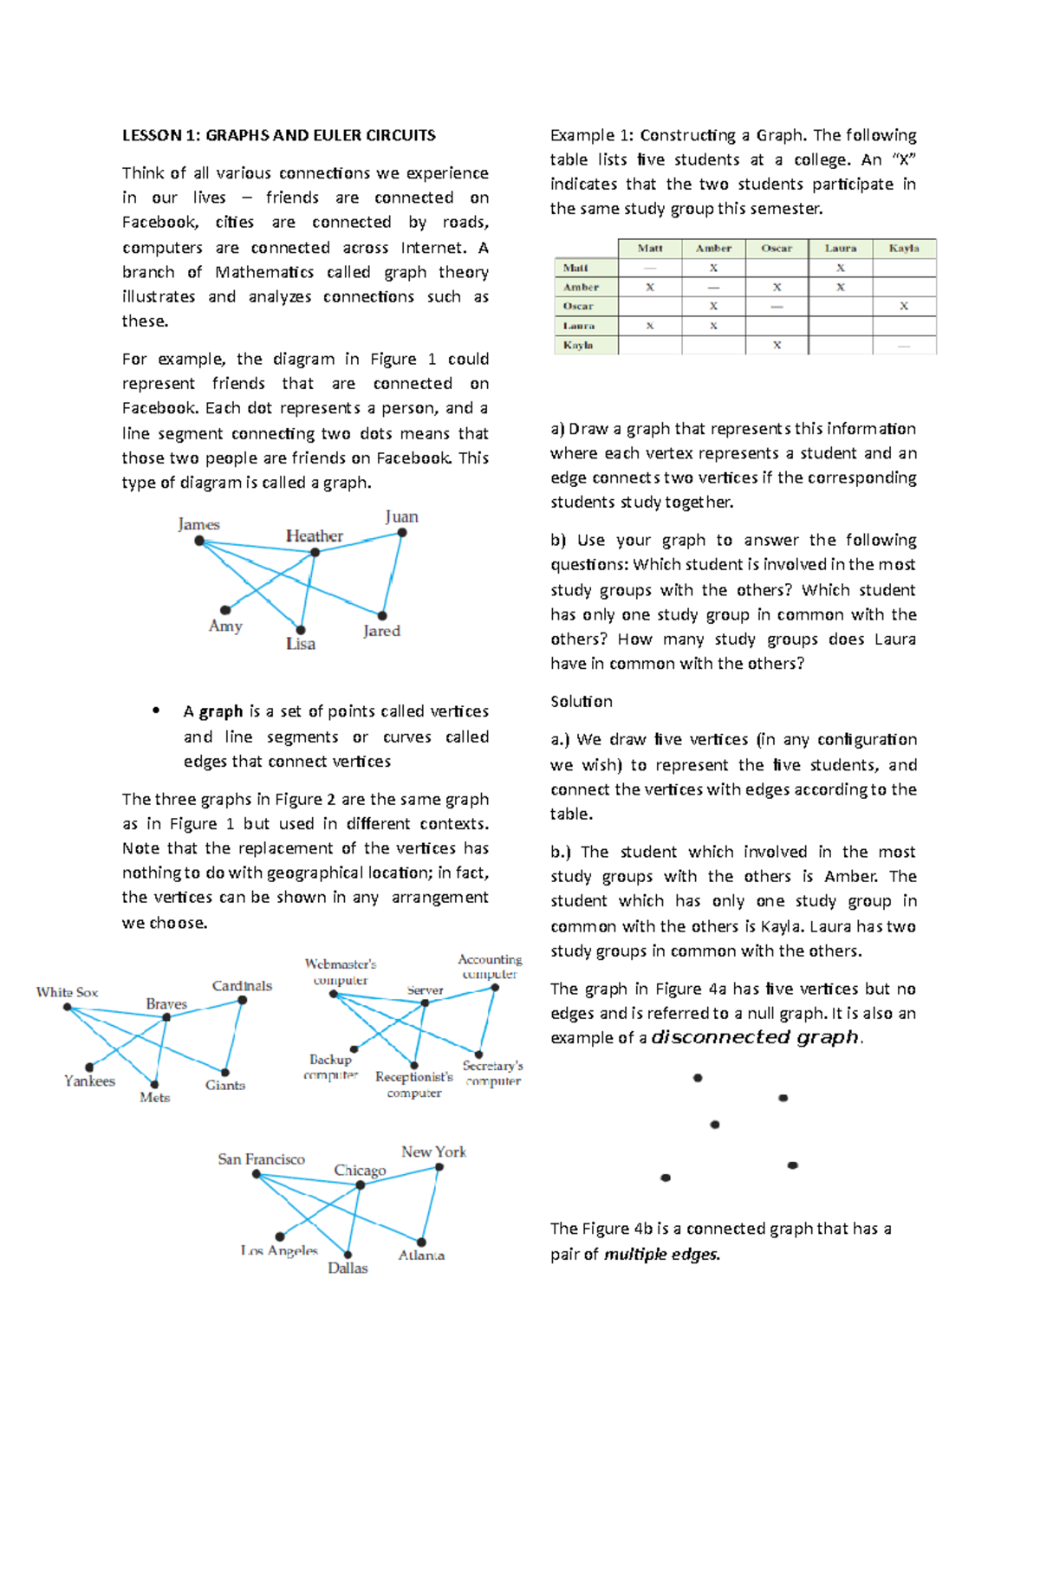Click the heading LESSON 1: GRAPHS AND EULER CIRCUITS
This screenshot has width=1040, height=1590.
tap(278, 135)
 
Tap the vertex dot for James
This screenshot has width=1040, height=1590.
tap(199, 541)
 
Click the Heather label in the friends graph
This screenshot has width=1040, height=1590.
tap(315, 536)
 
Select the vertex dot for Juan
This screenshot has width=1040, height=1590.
tap(402, 533)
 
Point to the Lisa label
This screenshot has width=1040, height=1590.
tap(301, 644)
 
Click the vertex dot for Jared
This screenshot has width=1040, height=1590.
tap(382, 615)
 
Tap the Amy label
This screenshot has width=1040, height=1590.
tap(225, 626)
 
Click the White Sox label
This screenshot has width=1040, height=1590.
tap(67, 992)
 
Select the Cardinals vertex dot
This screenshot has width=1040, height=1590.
tap(243, 1000)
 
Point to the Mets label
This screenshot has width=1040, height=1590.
tap(155, 1097)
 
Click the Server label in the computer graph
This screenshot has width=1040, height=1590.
tap(425, 990)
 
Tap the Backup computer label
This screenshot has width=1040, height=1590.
tap(330, 1067)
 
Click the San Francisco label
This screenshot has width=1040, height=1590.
tap(261, 1159)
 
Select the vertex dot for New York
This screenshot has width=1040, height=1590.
tap(439, 1167)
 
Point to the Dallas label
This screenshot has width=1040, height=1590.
tap(348, 1268)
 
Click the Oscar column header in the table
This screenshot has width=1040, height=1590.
tap(777, 248)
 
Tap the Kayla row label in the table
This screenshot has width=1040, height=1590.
tap(578, 345)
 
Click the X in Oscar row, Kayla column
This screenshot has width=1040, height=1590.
tap(904, 306)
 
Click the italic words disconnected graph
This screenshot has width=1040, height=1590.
tap(755, 1037)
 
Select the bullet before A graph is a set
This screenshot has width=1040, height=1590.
tap(156, 711)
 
